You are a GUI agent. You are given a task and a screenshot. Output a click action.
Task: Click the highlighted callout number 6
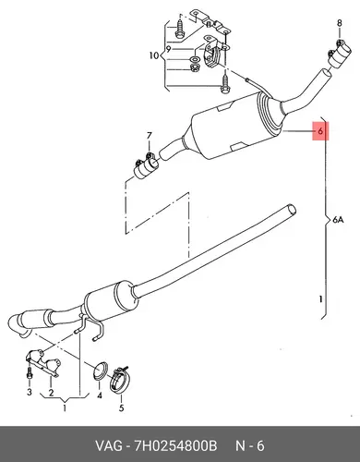(320, 131)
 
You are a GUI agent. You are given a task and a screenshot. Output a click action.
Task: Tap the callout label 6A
(338, 220)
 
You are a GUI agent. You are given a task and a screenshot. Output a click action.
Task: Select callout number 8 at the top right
(339, 23)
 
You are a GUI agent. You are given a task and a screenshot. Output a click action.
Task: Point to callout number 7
(150, 135)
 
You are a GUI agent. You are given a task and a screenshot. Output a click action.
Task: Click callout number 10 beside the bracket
(154, 55)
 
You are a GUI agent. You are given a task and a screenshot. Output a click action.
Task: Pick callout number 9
(168, 49)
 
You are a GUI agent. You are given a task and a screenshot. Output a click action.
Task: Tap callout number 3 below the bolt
(30, 392)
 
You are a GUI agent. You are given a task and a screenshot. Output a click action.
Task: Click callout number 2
(51, 393)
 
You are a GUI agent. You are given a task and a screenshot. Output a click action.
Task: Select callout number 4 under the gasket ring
(100, 395)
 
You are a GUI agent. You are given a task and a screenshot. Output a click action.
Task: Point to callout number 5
(122, 407)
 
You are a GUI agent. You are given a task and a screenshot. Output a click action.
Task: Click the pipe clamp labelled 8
(338, 54)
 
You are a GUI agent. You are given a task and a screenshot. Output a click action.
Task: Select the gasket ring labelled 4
(101, 371)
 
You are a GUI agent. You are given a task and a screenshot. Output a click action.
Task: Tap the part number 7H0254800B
(175, 446)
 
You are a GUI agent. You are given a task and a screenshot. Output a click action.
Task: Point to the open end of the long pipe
(291, 210)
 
